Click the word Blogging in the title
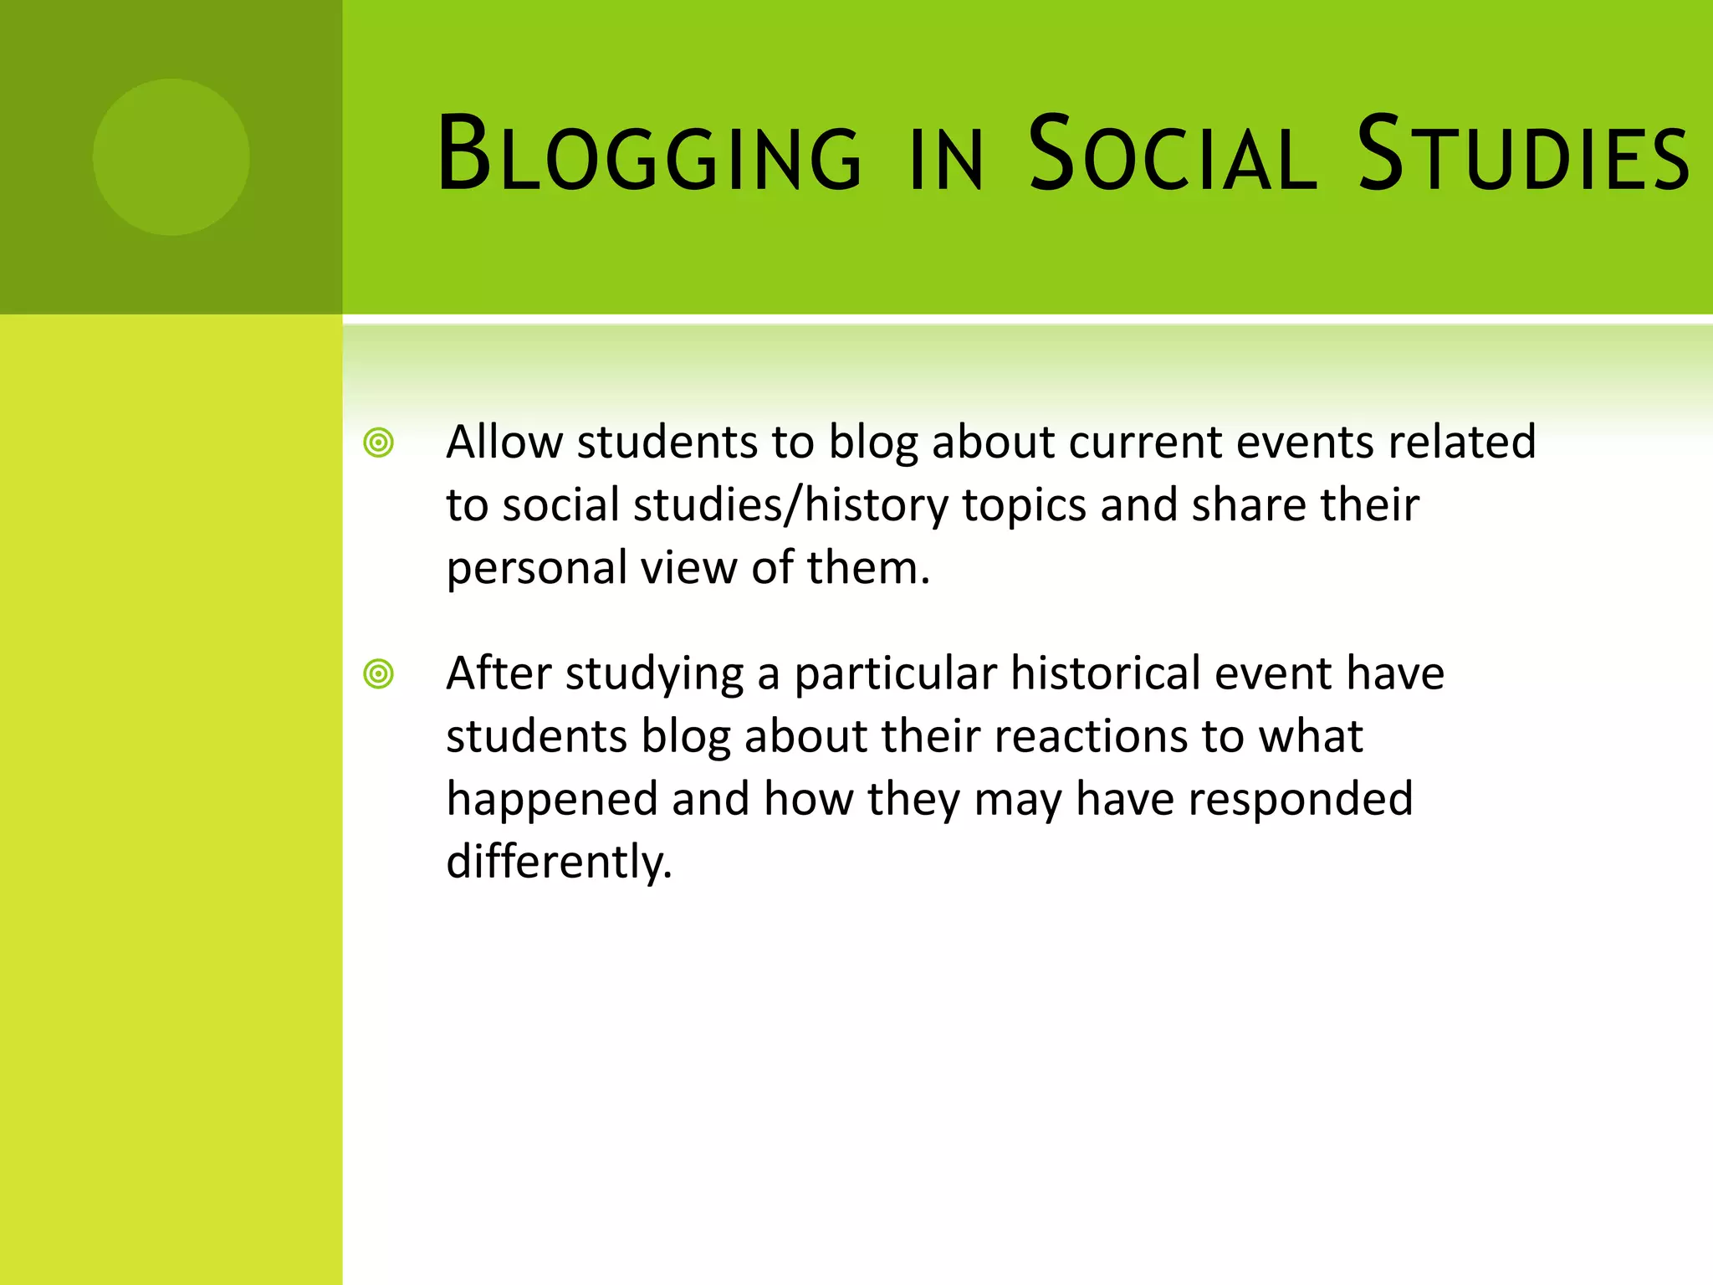pyautogui.click(x=648, y=156)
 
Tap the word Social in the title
pyautogui.click(x=1171, y=156)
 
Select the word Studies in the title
pyautogui.click(x=1522, y=156)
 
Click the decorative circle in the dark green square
pyautogui.click(x=171, y=156)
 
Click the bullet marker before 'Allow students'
pyautogui.click(x=379, y=443)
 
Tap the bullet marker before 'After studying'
pyautogui.click(x=379, y=673)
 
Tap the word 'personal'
pyautogui.click(x=537, y=569)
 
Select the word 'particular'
pyautogui.click(x=895, y=674)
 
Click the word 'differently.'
pyautogui.click(x=559, y=862)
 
